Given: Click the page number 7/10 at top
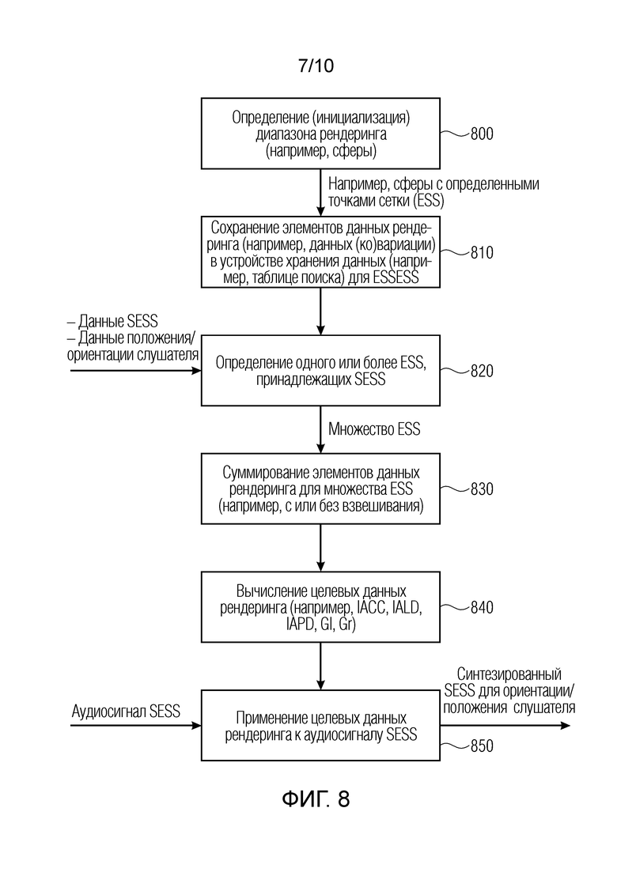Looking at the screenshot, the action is [x=316, y=66].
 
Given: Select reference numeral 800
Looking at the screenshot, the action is [x=482, y=134].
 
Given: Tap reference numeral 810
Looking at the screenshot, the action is [x=482, y=252].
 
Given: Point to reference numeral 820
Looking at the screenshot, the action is [x=482, y=371].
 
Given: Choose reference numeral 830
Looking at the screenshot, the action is [x=482, y=489].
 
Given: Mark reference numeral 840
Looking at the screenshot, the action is [x=482, y=607].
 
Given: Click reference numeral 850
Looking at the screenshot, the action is [x=482, y=746].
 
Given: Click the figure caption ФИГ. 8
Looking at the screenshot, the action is [x=316, y=799].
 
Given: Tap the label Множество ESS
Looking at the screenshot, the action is [x=374, y=429].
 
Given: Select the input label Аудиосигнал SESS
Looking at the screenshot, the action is [x=126, y=712].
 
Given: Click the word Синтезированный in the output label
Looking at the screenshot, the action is [x=509, y=674].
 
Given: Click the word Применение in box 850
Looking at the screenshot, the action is [x=271, y=718].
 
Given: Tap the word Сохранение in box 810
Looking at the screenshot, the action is [x=244, y=228].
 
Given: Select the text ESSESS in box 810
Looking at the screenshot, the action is [x=396, y=277].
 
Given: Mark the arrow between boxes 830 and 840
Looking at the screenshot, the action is [x=320, y=548].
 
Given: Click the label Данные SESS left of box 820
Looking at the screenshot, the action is [x=112, y=322].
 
